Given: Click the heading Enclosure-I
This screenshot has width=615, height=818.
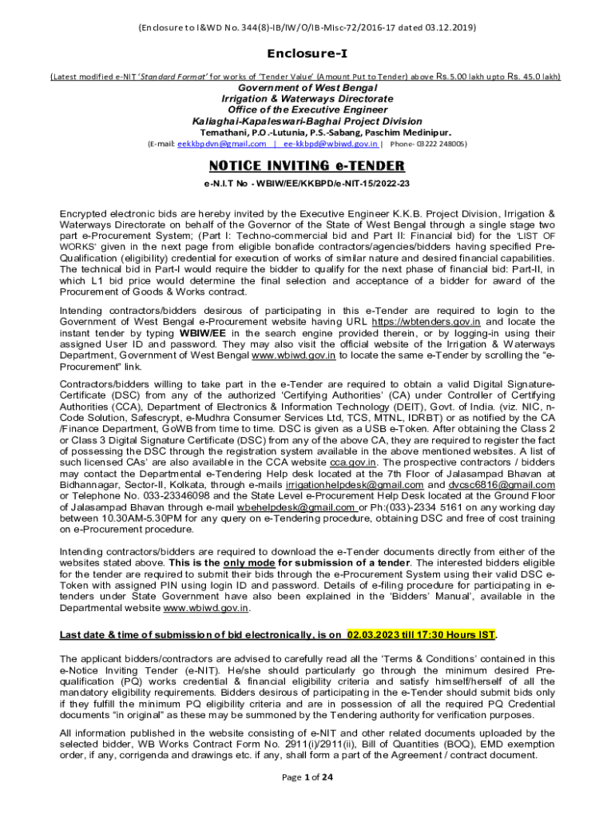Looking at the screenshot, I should [x=307, y=54].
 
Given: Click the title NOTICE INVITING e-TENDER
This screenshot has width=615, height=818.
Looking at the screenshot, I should [x=307, y=166].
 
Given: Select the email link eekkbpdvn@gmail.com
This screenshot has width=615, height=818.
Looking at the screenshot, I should [x=221, y=144].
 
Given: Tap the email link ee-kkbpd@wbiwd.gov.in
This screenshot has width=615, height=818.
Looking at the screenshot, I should [x=331, y=144].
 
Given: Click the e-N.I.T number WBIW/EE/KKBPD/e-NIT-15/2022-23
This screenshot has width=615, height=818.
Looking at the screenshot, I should [x=330, y=184].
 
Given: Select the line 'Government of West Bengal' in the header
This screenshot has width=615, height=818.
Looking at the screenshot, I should [x=307, y=87].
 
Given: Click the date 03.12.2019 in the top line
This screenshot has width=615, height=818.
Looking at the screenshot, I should [x=449, y=27].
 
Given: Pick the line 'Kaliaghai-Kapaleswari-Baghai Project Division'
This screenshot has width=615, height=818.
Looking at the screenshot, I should [x=307, y=121].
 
